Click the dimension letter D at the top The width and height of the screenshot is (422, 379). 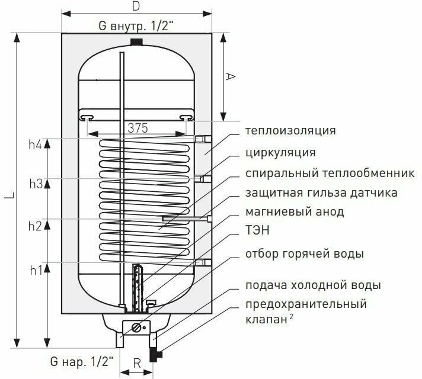(135, 7)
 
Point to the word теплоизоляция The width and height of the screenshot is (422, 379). (290, 131)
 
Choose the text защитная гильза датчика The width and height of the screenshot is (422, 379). (321, 193)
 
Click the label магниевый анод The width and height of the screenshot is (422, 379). (294, 211)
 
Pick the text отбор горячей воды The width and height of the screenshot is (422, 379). (304, 254)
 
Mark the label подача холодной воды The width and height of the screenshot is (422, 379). (313, 285)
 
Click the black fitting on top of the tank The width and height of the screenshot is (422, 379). (136, 42)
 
